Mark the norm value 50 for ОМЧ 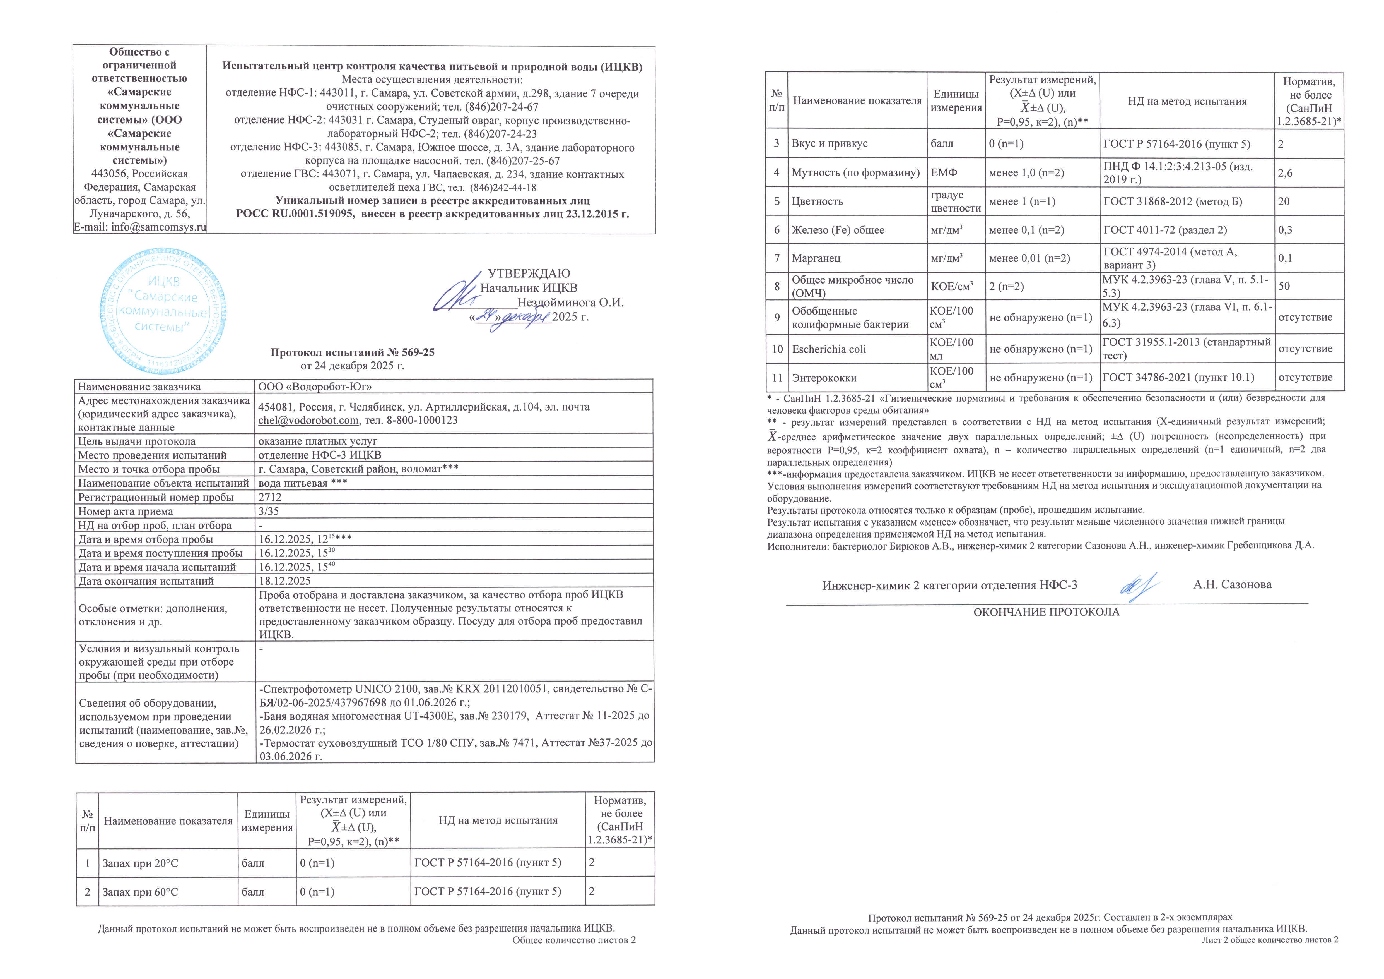click(1284, 286)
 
